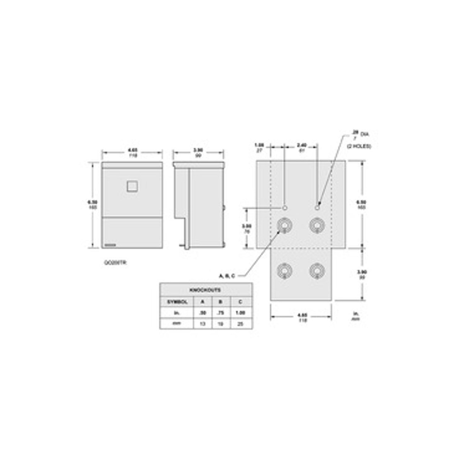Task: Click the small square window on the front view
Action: (x=132, y=186)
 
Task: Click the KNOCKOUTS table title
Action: (x=206, y=290)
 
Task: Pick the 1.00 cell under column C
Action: (x=241, y=313)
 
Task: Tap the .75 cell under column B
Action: (x=220, y=313)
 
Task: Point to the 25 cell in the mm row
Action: (x=241, y=324)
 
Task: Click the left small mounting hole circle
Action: (x=285, y=208)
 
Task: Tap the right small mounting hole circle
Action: (x=317, y=208)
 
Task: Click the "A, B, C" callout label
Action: (x=227, y=276)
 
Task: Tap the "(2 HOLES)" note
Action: (x=359, y=146)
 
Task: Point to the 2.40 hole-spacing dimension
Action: (x=302, y=148)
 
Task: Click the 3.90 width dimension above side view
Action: (x=198, y=153)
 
